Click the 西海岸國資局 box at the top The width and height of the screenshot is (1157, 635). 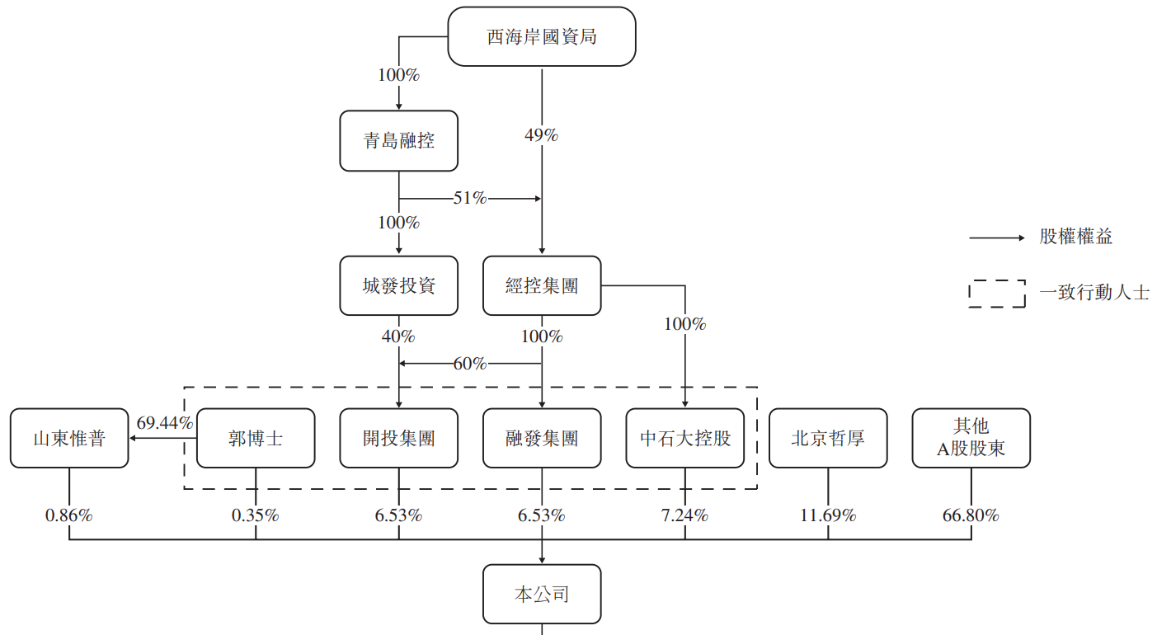point(541,36)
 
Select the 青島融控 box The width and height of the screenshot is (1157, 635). point(399,140)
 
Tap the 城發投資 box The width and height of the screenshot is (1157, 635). point(399,285)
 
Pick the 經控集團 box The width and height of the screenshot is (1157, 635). point(542,285)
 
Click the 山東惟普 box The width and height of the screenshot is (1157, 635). point(69,438)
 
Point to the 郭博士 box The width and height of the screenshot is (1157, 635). point(256,438)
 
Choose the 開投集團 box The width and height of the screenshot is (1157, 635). point(399,438)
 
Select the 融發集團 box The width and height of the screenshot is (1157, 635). point(542,438)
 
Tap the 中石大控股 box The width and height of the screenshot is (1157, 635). point(685,438)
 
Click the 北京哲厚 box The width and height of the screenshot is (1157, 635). point(828,438)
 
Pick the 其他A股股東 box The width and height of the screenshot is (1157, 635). point(971,438)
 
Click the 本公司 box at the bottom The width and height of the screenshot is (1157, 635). point(542,595)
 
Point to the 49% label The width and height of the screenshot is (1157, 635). point(541,135)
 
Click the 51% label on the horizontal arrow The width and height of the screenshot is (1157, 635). point(469,198)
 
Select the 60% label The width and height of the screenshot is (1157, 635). point(469,364)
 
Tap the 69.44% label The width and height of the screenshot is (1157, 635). point(165,422)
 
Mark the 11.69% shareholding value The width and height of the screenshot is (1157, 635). point(828,515)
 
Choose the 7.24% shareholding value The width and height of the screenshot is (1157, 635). point(685,515)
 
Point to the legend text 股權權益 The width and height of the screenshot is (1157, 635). point(1075,237)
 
